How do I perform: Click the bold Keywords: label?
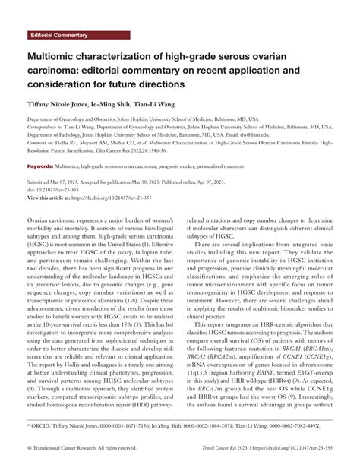point(43,166)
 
